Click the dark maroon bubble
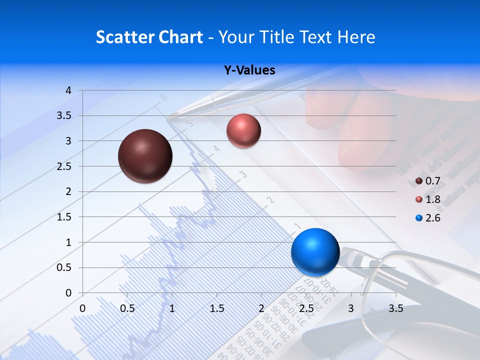pyautogui.click(x=145, y=156)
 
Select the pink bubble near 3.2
pyautogui.click(x=243, y=130)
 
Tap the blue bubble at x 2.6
pyautogui.click(x=315, y=252)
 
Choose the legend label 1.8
pyautogui.click(x=432, y=199)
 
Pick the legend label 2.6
pyautogui.click(x=432, y=218)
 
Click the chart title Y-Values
pyautogui.click(x=249, y=70)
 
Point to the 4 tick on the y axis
pyautogui.click(x=68, y=90)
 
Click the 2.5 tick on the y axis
pyautogui.click(x=64, y=166)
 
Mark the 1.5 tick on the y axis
pyautogui.click(x=64, y=217)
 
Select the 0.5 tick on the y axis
pyautogui.click(x=64, y=267)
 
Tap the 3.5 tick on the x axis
pyautogui.click(x=395, y=308)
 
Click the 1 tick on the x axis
pyautogui.click(x=172, y=308)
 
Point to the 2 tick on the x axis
pyautogui.click(x=261, y=308)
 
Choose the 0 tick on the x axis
pyautogui.click(x=83, y=308)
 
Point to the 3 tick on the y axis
pyautogui.click(x=68, y=141)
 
